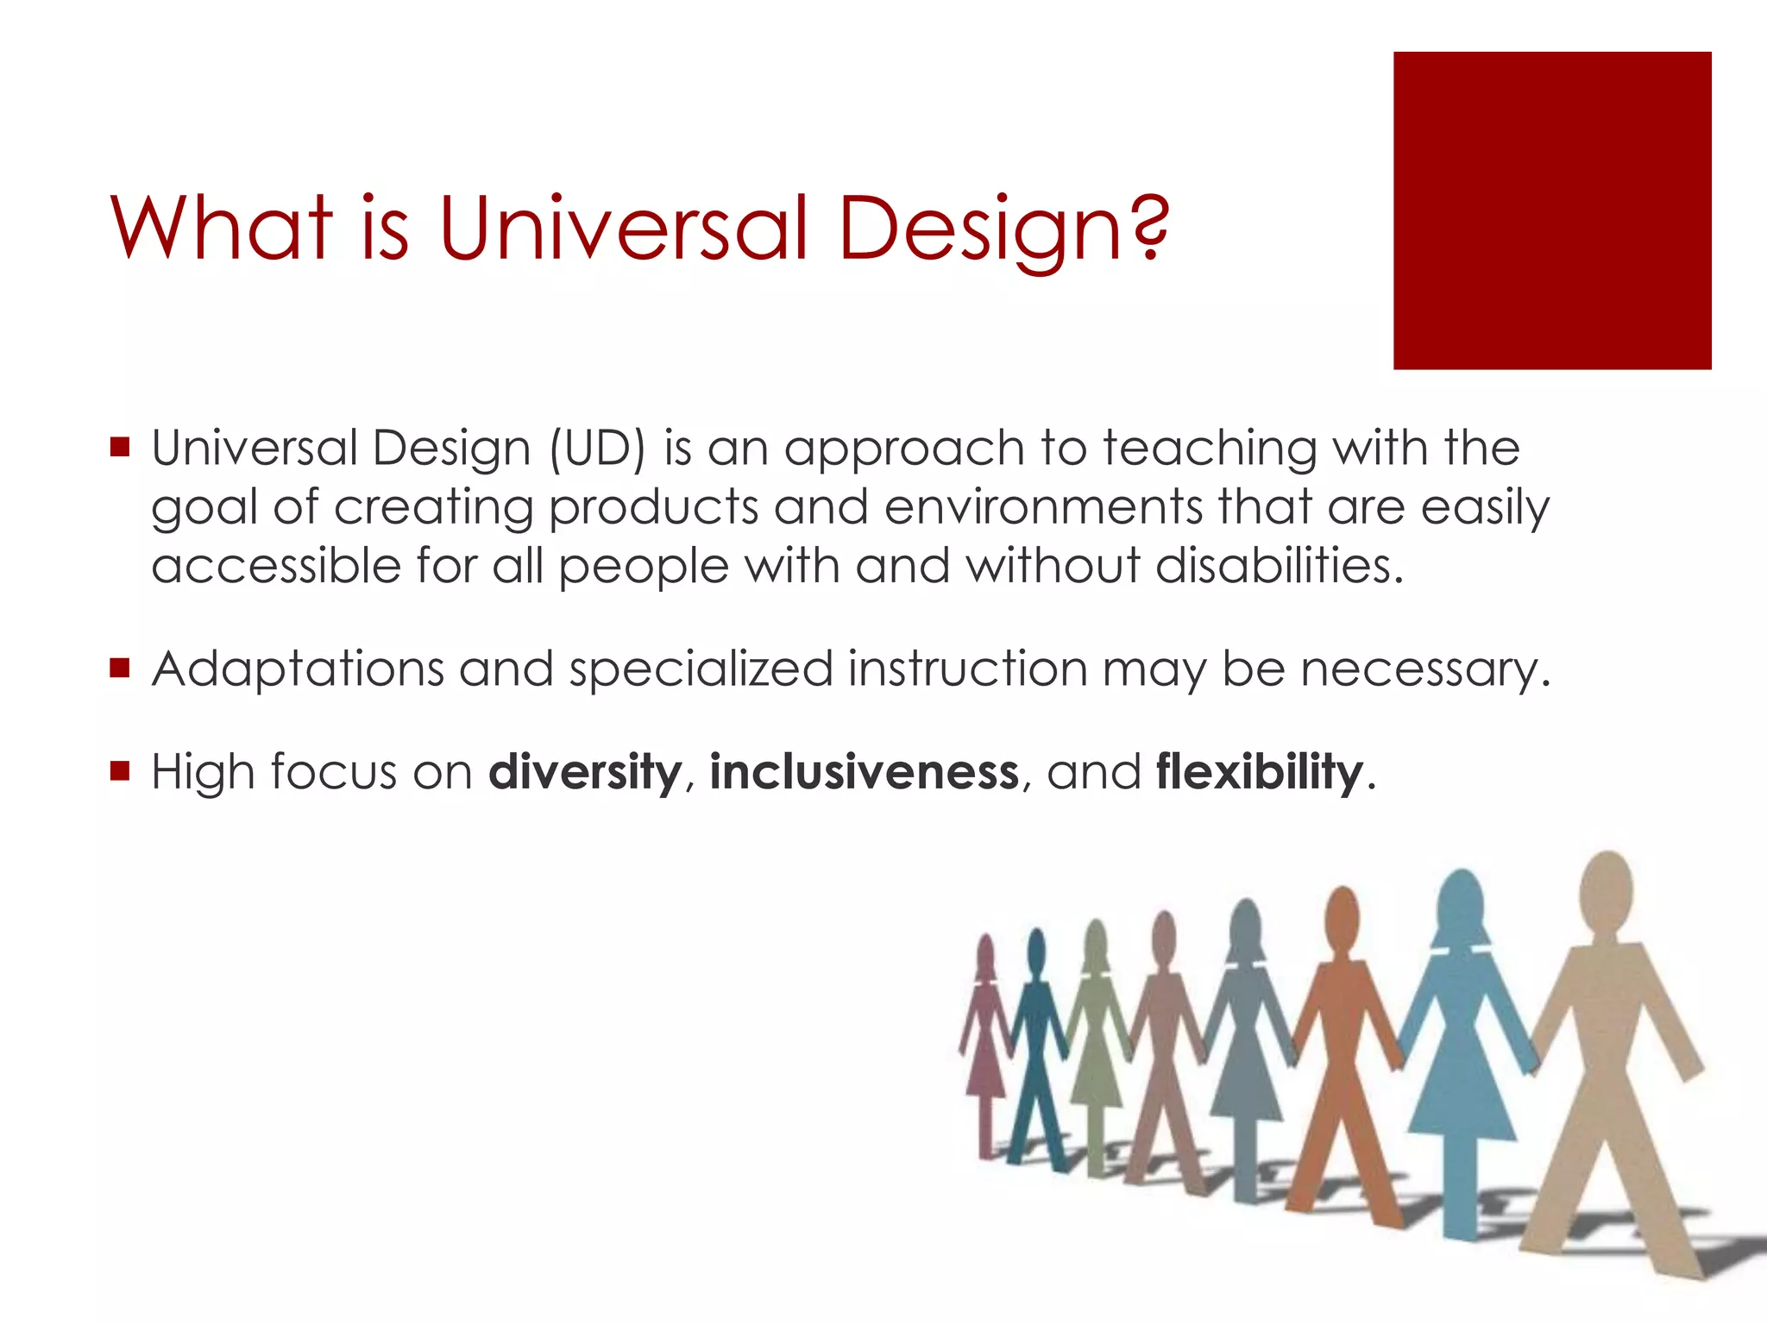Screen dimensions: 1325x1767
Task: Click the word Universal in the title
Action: tap(624, 229)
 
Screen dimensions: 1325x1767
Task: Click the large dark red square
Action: tap(1551, 210)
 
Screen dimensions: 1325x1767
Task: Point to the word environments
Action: tap(1042, 507)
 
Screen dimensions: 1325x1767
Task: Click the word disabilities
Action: tap(1279, 566)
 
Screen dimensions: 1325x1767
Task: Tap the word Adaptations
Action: tap(297, 669)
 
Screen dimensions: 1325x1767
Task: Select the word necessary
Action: tap(1425, 669)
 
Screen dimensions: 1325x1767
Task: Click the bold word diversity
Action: tap(585, 771)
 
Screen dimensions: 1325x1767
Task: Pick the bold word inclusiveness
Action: tap(864, 771)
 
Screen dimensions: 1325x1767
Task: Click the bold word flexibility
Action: tap(1260, 771)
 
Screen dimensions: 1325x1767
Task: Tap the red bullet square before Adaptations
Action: tap(120, 667)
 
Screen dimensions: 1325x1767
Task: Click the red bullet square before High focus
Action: tap(120, 769)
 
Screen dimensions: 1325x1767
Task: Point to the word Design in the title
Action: tap(984, 229)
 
